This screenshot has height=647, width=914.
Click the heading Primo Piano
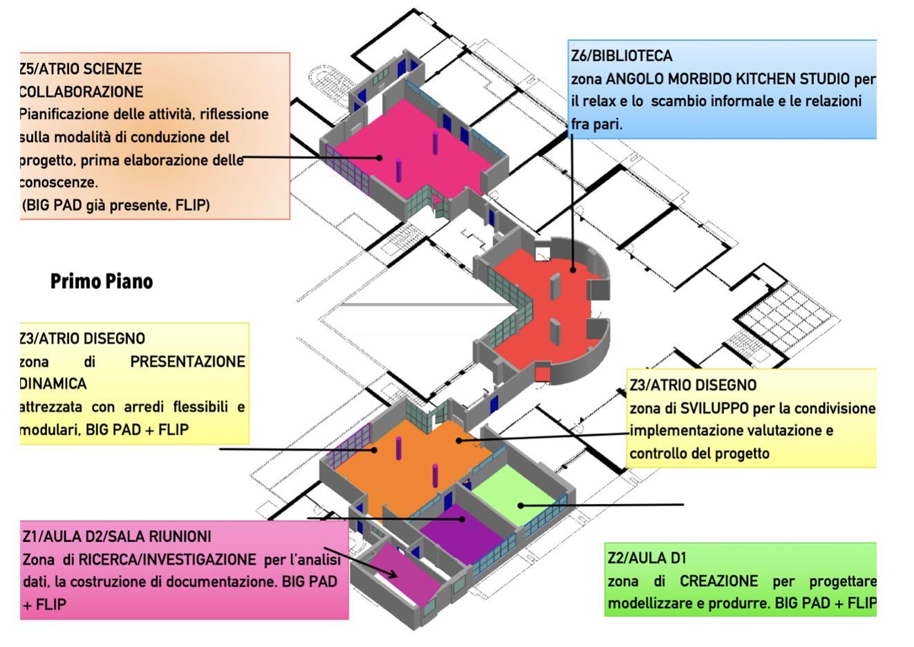(x=102, y=282)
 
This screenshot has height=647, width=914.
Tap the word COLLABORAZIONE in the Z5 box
(x=81, y=92)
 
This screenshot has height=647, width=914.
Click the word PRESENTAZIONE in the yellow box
(x=187, y=362)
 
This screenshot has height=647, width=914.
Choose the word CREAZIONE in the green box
(x=718, y=581)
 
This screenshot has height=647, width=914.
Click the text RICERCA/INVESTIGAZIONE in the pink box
(x=167, y=559)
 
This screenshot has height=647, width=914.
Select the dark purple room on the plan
(x=461, y=534)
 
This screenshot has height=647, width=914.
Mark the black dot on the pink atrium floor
(x=380, y=158)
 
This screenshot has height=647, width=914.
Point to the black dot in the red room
(x=573, y=270)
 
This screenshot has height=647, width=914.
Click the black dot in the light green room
(x=521, y=505)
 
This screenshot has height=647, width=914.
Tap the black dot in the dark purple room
(x=462, y=519)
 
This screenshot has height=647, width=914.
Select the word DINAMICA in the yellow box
(x=53, y=384)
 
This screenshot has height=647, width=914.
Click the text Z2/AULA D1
(x=647, y=558)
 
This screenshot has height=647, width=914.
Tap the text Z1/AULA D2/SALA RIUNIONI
(x=117, y=536)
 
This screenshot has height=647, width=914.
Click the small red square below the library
(x=543, y=374)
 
